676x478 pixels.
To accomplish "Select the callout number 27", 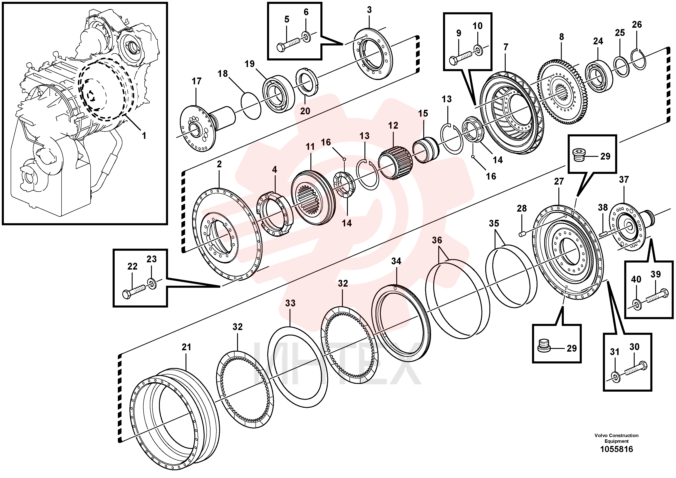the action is [x=559, y=182].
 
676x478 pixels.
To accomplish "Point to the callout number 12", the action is [x=393, y=125].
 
